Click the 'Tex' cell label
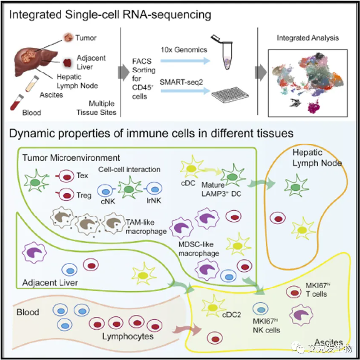click(83, 176)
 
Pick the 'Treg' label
click(84, 195)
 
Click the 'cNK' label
click(107, 202)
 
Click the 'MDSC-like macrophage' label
click(198, 249)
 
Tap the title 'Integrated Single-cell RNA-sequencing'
click(111, 14)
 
